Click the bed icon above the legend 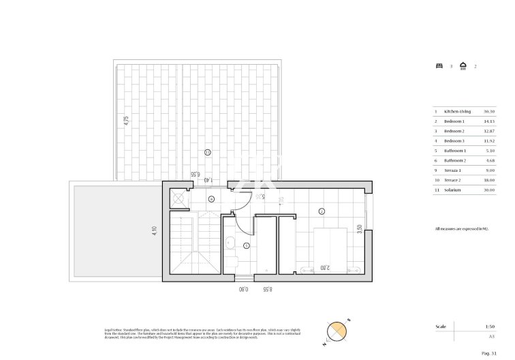[x=439, y=66]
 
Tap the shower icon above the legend [x=463, y=66]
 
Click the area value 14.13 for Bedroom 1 [x=488, y=121]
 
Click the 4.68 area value [x=488, y=160]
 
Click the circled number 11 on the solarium [x=207, y=151]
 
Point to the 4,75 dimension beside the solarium [x=125, y=121]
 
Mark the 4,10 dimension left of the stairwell [x=155, y=231]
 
